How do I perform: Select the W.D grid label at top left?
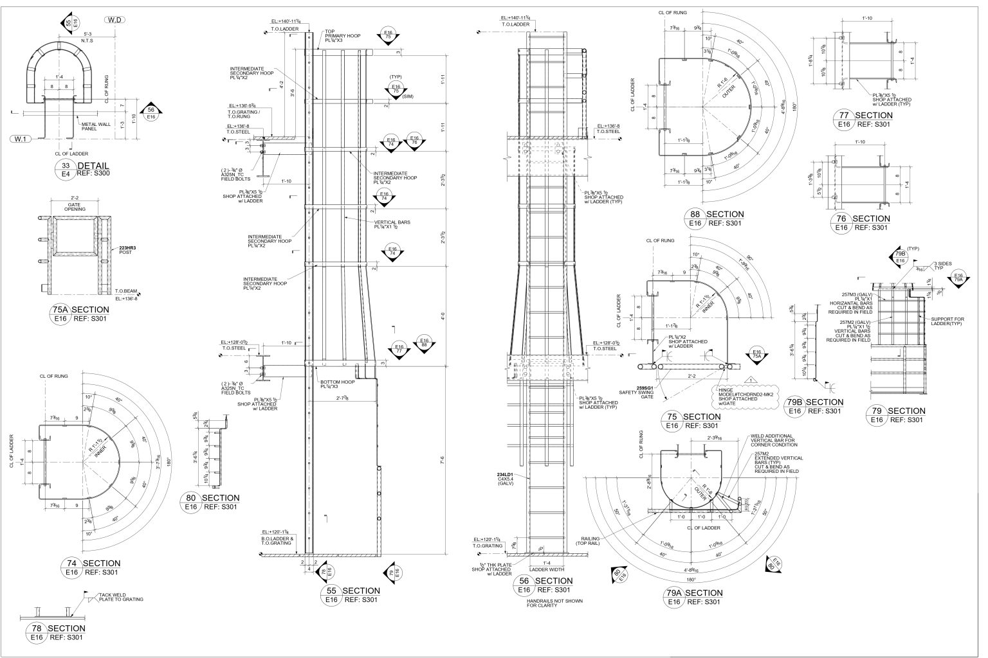click(116, 20)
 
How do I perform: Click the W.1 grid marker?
click(22, 138)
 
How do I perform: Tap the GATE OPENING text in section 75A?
click(76, 207)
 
